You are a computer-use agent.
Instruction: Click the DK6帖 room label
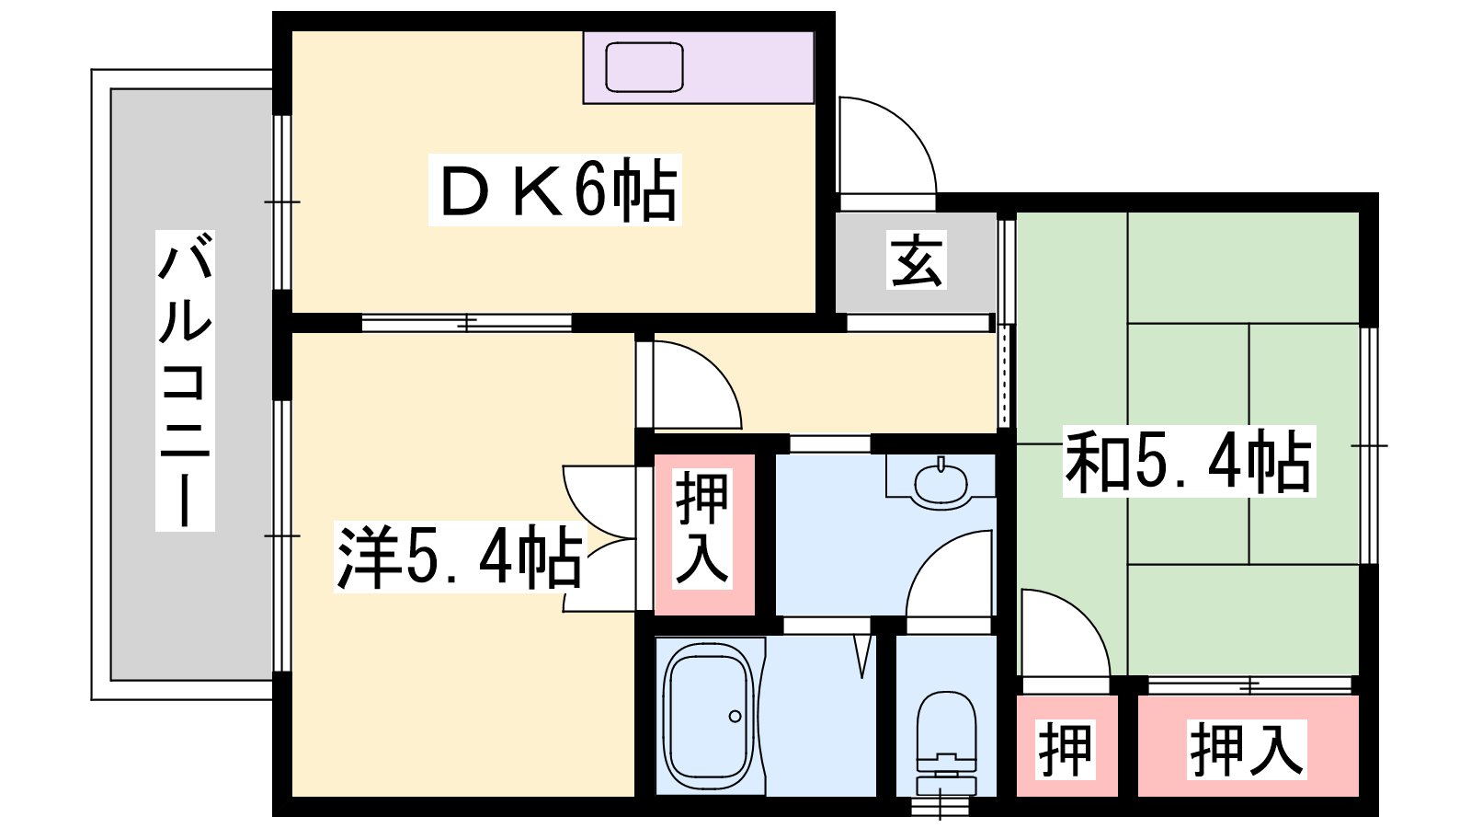click(555, 190)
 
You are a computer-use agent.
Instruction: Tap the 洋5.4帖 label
click(459, 557)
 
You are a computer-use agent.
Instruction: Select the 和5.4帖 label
click(1189, 461)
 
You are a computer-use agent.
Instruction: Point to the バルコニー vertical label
click(185, 380)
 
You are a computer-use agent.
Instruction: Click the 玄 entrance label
click(917, 260)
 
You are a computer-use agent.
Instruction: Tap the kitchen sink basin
click(644, 67)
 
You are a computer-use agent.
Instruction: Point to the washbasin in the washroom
click(941, 484)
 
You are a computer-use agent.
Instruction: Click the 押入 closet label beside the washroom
click(702, 528)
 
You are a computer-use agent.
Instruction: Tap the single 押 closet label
click(1066, 749)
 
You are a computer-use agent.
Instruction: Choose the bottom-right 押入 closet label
click(1247, 749)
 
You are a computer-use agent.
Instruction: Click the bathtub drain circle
click(735, 717)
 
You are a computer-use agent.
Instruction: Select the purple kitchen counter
click(699, 67)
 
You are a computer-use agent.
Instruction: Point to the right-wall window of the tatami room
click(1369, 445)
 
